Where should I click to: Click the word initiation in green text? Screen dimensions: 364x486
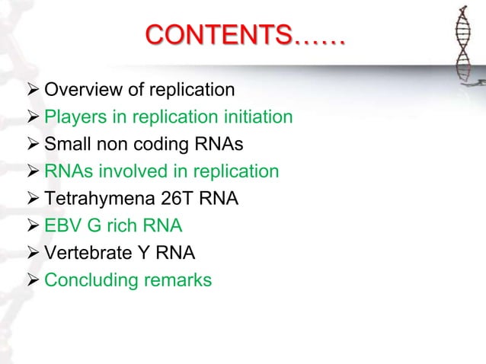click(x=255, y=118)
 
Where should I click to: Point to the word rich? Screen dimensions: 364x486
click(x=120, y=226)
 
